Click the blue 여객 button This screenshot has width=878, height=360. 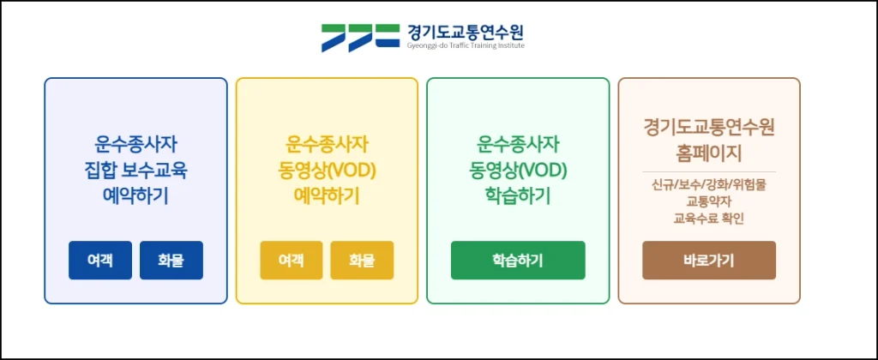click(100, 261)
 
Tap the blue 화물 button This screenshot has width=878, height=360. click(171, 261)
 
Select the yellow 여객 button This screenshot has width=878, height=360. click(292, 261)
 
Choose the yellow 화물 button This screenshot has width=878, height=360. click(362, 261)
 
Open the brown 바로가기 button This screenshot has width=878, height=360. click(709, 261)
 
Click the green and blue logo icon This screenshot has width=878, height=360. click(360, 38)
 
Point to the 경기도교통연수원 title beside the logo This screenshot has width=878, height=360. click(466, 32)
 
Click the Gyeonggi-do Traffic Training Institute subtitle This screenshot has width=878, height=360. click(466, 46)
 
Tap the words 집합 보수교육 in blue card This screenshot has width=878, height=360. click(136, 171)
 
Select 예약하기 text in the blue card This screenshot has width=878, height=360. click(136, 196)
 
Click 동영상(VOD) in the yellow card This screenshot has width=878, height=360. click(327, 171)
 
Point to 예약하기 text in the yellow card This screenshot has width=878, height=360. click(327, 196)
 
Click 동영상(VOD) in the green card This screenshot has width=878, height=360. click(518, 171)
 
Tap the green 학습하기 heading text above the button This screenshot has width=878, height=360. click(518, 196)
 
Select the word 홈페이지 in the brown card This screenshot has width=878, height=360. click(709, 153)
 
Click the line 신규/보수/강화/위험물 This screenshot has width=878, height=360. click(709, 184)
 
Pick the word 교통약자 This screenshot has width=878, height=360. click(709, 201)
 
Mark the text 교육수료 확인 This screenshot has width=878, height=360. click(709, 219)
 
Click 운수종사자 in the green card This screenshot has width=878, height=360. click(518, 145)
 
